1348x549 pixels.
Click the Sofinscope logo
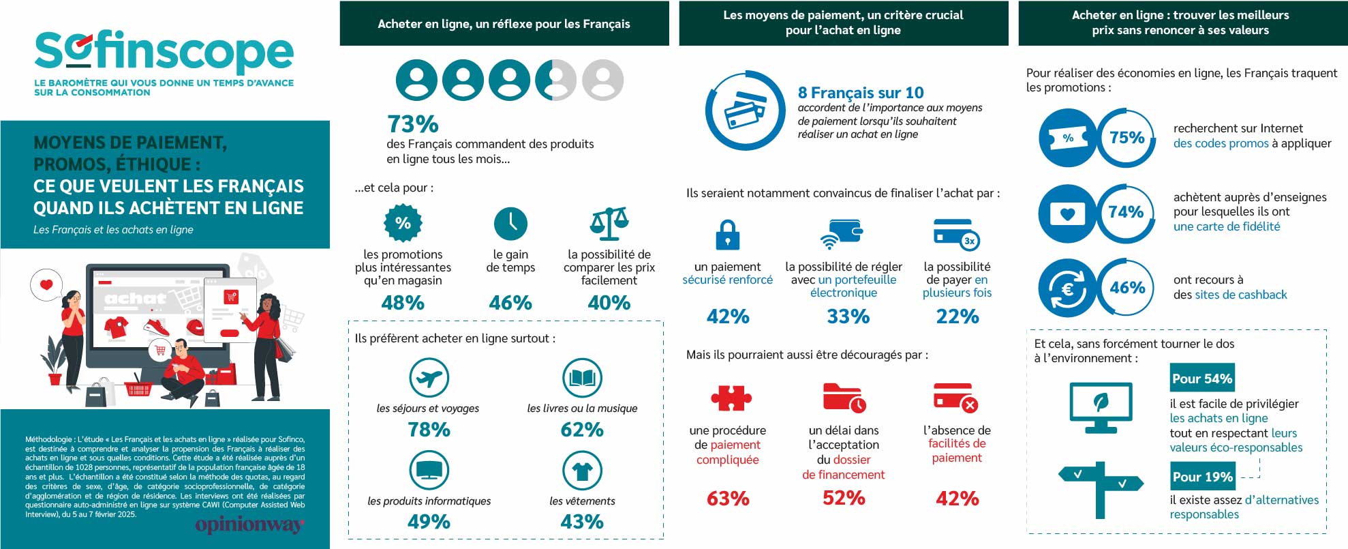(x=164, y=52)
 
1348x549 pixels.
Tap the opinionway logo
(x=249, y=524)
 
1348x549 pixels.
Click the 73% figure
(x=413, y=124)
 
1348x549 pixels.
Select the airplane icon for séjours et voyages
(x=429, y=377)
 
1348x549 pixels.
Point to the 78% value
(x=429, y=430)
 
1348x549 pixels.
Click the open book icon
(x=582, y=377)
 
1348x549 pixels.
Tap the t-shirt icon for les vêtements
(x=582, y=470)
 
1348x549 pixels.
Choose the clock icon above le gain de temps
(x=510, y=223)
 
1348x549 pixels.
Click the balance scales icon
(x=609, y=223)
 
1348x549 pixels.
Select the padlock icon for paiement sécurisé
(x=728, y=235)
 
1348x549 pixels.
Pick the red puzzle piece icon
(x=731, y=398)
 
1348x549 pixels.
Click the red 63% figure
(x=728, y=499)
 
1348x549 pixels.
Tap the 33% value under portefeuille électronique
(x=848, y=316)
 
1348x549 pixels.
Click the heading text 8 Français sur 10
(x=861, y=93)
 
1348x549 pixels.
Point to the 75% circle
(x=1127, y=138)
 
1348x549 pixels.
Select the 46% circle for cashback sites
(x=1127, y=288)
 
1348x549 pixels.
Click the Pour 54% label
(x=1202, y=379)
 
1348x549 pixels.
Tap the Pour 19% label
(x=1202, y=477)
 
